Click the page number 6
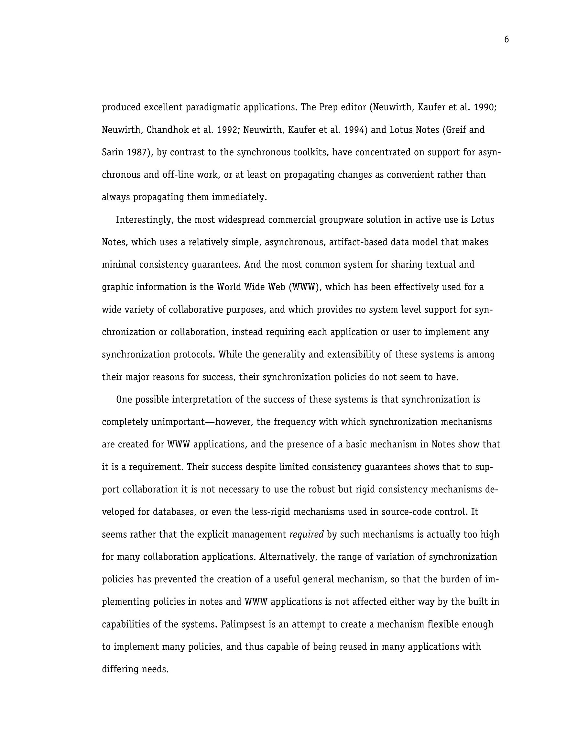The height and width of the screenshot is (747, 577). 506,40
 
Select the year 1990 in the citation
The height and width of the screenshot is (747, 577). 484,107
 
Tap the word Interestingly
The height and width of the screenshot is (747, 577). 144,220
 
